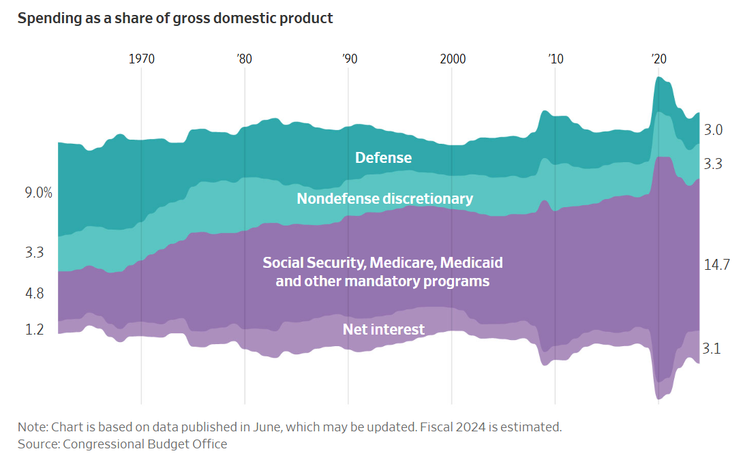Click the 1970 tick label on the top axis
click(142, 59)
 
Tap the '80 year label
click(244, 59)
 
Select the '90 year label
click(349, 59)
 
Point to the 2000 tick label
click(453, 59)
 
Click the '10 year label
click(556, 59)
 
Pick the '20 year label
click(659, 59)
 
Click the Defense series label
click(383, 157)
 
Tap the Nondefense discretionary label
click(384, 198)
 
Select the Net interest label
click(383, 329)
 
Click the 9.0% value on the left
click(39, 193)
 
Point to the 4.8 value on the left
click(34, 294)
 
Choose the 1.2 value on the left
click(34, 329)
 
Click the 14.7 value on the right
click(717, 264)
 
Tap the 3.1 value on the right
click(712, 348)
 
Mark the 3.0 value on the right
click(713, 129)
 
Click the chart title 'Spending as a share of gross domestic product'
click(175, 18)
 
